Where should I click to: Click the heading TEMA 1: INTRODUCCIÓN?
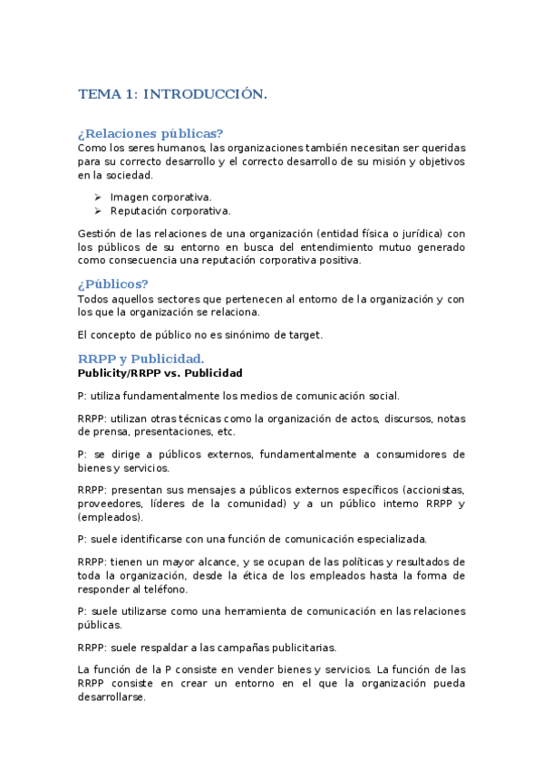[172, 94]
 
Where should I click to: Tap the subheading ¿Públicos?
[113, 283]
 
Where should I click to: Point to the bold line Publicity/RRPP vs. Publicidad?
[160, 372]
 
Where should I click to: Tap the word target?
[305, 335]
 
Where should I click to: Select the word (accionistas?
[431, 489]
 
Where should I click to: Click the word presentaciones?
[162, 433]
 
